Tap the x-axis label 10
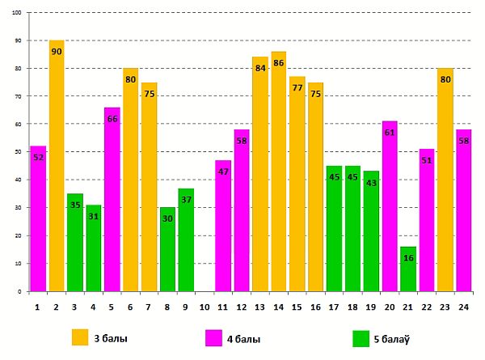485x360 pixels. pyautogui.click(x=205, y=308)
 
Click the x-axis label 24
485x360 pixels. pyautogui.click(x=463, y=308)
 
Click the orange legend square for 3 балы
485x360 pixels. pyautogui.click(x=79, y=337)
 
